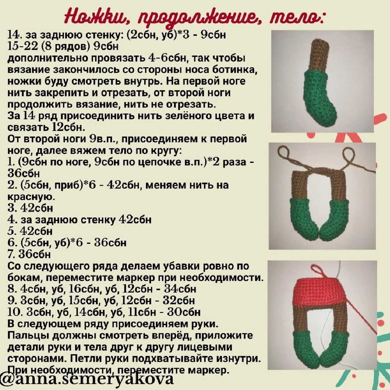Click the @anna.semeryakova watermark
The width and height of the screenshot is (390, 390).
coord(87,379)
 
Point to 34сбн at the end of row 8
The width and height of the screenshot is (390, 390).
coord(180,289)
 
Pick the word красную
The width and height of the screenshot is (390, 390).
coord(31,197)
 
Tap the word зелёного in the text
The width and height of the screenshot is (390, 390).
coord(160,116)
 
